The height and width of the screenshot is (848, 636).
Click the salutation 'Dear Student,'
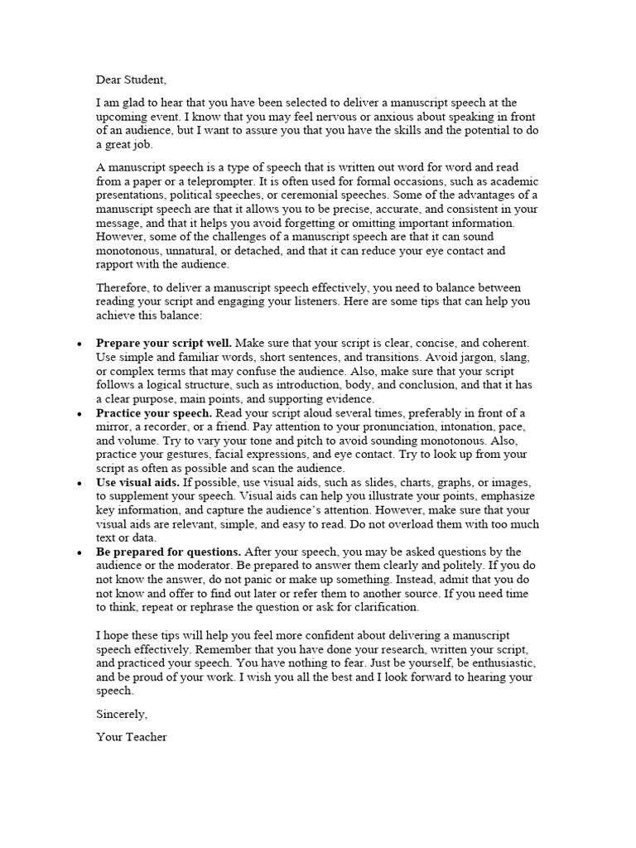(x=131, y=80)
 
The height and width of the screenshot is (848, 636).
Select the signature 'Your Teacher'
(x=131, y=736)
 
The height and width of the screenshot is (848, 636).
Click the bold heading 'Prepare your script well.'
(x=164, y=343)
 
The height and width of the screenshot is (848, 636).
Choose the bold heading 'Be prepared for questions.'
(x=169, y=552)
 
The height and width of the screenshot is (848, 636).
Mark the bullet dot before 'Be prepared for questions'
(x=78, y=552)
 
